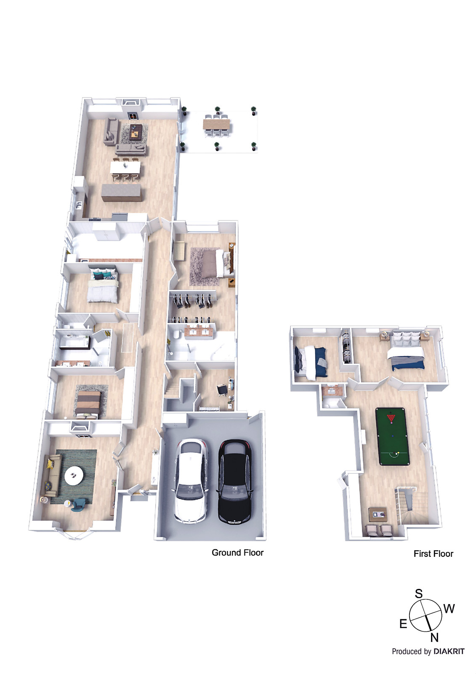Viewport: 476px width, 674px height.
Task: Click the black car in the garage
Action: (234, 481)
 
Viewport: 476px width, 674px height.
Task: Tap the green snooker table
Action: (391, 436)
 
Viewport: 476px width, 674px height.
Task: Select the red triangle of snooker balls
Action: (391, 418)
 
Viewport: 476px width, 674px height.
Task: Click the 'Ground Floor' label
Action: (237, 553)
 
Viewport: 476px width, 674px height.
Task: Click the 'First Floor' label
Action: (433, 554)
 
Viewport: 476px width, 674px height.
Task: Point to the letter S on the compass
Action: (418, 594)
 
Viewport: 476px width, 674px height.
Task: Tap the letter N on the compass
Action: (434, 638)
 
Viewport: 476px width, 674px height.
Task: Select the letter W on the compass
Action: (449, 609)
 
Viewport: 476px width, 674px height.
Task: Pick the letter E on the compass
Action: (403, 624)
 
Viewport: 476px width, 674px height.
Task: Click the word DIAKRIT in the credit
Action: (449, 652)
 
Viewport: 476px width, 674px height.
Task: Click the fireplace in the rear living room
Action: (133, 115)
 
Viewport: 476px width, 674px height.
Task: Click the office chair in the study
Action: (221, 390)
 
